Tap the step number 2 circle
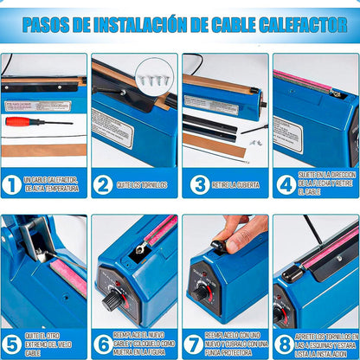(x=104, y=184)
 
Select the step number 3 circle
(x=196, y=184)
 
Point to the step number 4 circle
(x=286, y=184)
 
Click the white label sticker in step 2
(x=113, y=127)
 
